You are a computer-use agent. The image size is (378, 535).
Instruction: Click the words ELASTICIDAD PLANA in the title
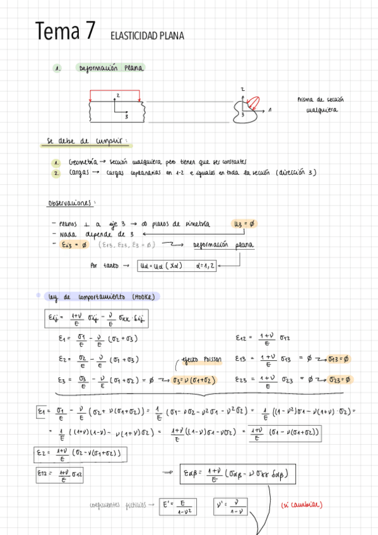[x=146, y=36]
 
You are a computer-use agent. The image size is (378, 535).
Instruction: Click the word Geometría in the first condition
[x=82, y=162]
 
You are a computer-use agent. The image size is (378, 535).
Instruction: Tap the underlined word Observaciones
[x=71, y=203]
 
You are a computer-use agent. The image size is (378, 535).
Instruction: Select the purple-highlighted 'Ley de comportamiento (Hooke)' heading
[x=103, y=297]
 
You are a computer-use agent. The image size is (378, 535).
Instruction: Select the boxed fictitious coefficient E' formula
[x=175, y=506]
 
